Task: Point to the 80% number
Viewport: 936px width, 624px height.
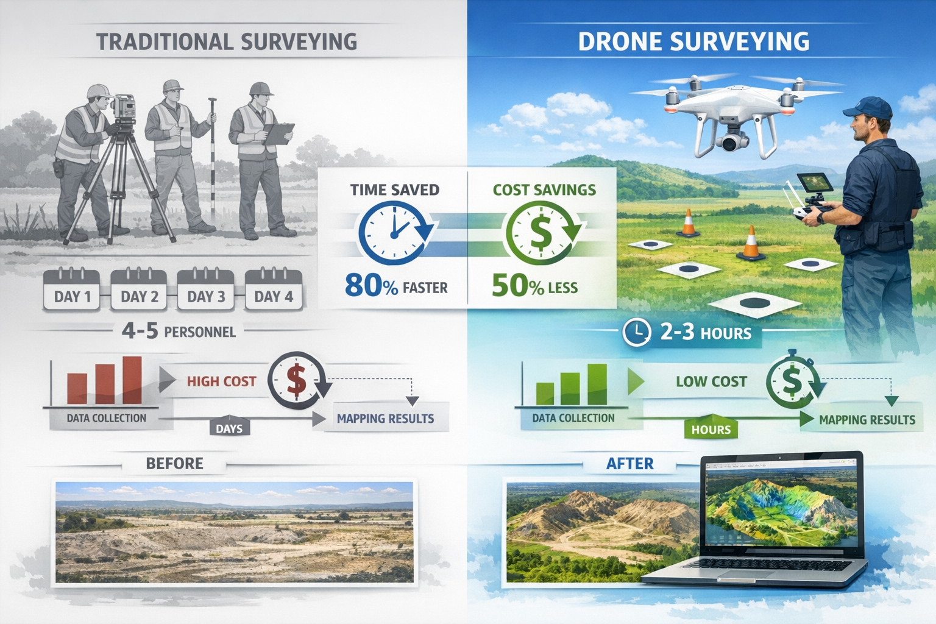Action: coord(371,285)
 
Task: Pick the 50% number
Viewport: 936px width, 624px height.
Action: coord(517,285)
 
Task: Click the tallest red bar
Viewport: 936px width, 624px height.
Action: coord(132,380)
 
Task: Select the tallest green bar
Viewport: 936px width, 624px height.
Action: coord(597,384)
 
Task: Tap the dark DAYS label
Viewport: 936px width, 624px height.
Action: coord(229,428)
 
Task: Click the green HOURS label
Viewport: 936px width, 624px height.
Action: coord(711,430)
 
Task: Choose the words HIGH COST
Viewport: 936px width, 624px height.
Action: coord(221,381)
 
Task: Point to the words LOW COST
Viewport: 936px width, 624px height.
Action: coord(711,381)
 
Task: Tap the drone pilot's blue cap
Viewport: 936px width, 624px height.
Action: coord(868,108)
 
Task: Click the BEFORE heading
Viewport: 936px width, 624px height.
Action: coord(174,464)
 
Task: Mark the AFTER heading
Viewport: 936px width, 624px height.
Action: coord(629,464)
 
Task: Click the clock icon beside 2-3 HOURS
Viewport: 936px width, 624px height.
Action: coord(637,333)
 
